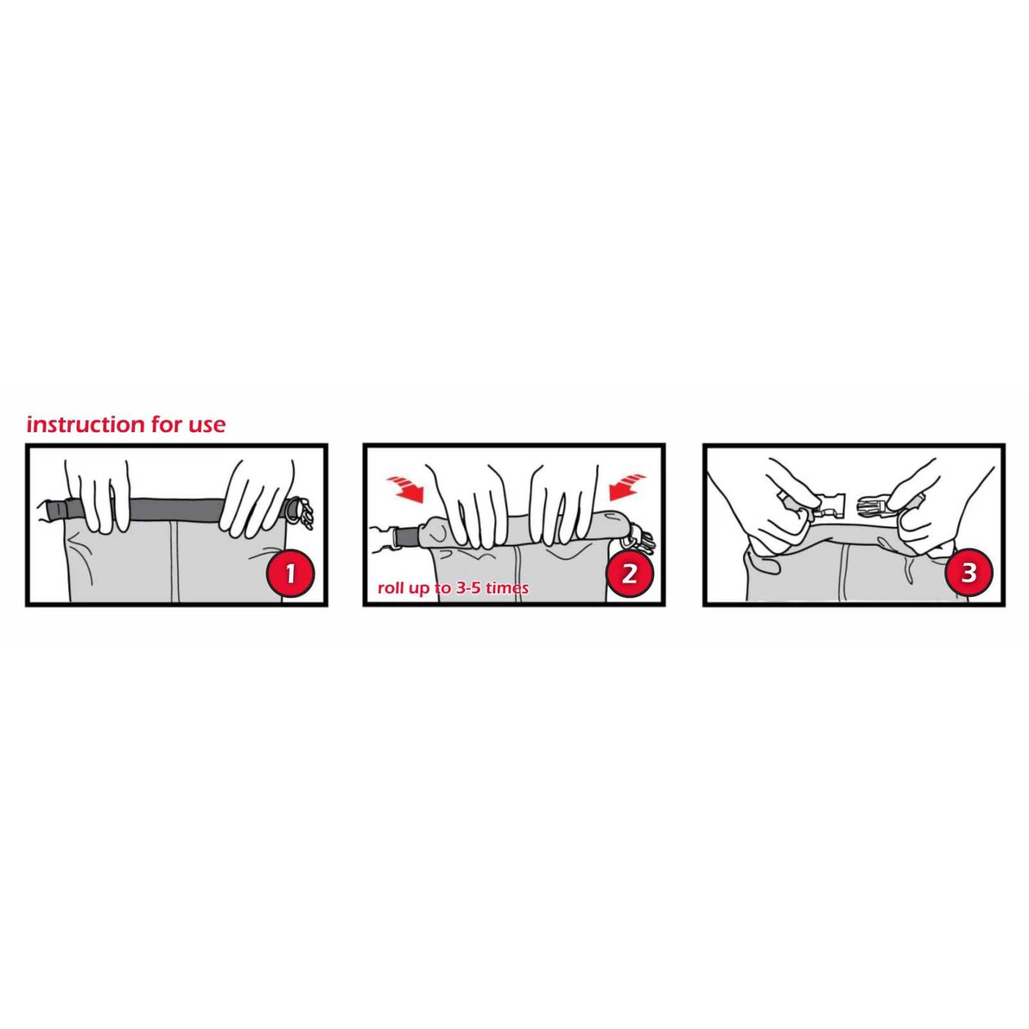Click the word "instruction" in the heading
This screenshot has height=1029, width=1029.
[x=86, y=424]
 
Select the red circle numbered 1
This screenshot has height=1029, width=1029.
[x=291, y=573]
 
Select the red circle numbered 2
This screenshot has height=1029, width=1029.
[x=630, y=573]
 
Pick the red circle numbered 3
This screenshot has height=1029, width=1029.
[x=969, y=572]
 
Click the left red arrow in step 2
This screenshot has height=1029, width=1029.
[x=405, y=489]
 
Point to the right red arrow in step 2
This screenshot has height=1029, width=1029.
[x=626, y=487]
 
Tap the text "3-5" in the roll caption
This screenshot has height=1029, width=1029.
[x=468, y=588]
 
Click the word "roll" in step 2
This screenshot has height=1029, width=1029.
[x=390, y=588]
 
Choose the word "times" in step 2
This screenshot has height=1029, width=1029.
[x=507, y=588]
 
